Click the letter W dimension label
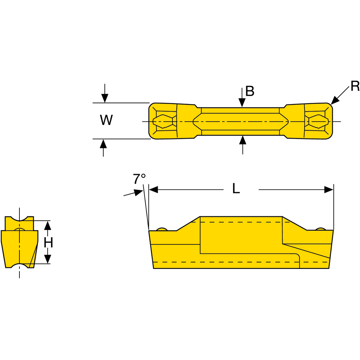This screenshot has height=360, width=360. (106, 120)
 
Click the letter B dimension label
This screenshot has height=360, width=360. (250, 91)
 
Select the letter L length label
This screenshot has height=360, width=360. (236, 189)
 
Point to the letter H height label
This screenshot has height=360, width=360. (48, 242)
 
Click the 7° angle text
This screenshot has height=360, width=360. (139, 179)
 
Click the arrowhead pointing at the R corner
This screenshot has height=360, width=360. (335, 100)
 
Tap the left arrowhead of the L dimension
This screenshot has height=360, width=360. (154, 190)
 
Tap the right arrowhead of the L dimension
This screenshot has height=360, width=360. (329, 190)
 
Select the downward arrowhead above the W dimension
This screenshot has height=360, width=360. (105, 98)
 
